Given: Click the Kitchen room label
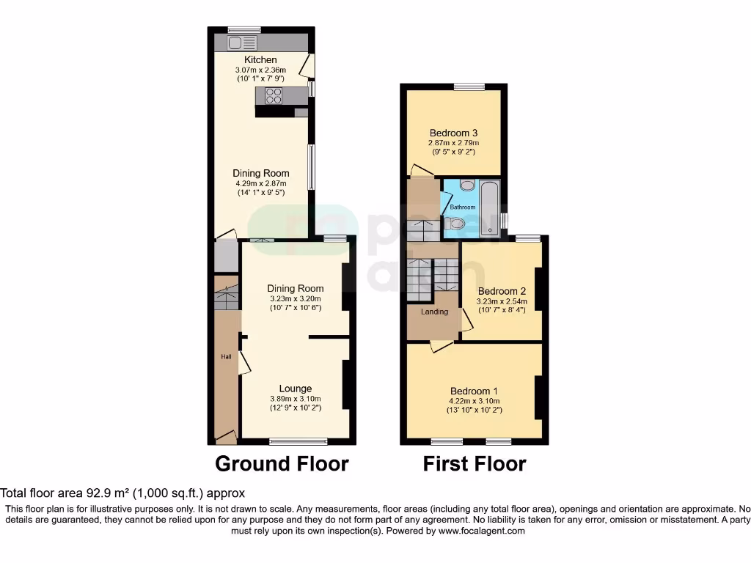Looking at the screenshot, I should click(x=261, y=59).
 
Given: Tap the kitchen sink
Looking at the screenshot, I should click(x=245, y=42).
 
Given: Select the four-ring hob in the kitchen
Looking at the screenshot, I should click(x=274, y=95).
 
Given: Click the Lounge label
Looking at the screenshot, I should click(x=296, y=389).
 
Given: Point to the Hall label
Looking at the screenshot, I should click(x=227, y=357).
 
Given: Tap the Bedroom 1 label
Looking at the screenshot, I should click(x=475, y=391).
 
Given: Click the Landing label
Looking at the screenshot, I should click(x=434, y=312).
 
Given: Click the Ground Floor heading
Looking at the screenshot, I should click(x=282, y=464).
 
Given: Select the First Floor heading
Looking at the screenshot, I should click(x=475, y=464).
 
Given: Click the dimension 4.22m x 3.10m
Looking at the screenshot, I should click(x=475, y=401).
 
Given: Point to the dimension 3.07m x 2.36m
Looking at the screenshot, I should click(x=261, y=70).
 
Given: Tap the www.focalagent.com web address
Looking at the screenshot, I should click(x=481, y=531).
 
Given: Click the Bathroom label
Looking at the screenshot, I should click(x=462, y=207).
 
